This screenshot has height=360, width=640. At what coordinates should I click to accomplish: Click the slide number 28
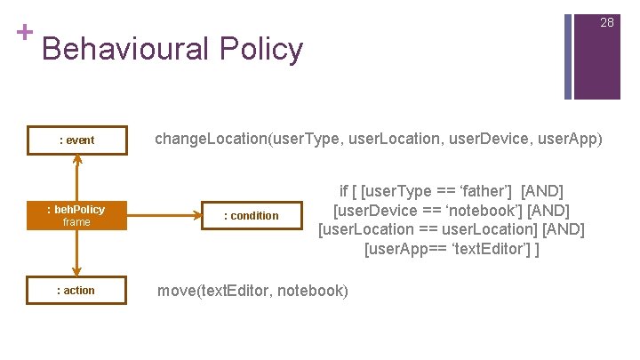point(607,22)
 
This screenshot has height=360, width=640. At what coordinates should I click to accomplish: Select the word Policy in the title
point(263,50)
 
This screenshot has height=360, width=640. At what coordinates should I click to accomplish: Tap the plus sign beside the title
point(24,32)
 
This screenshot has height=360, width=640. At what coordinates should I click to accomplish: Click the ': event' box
point(76,140)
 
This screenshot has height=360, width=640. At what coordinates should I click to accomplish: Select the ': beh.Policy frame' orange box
point(76,215)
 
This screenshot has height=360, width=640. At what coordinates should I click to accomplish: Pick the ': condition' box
point(251,215)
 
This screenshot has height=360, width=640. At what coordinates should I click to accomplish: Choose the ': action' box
point(76,291)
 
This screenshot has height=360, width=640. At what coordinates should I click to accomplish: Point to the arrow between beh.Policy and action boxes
point(77,254)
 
